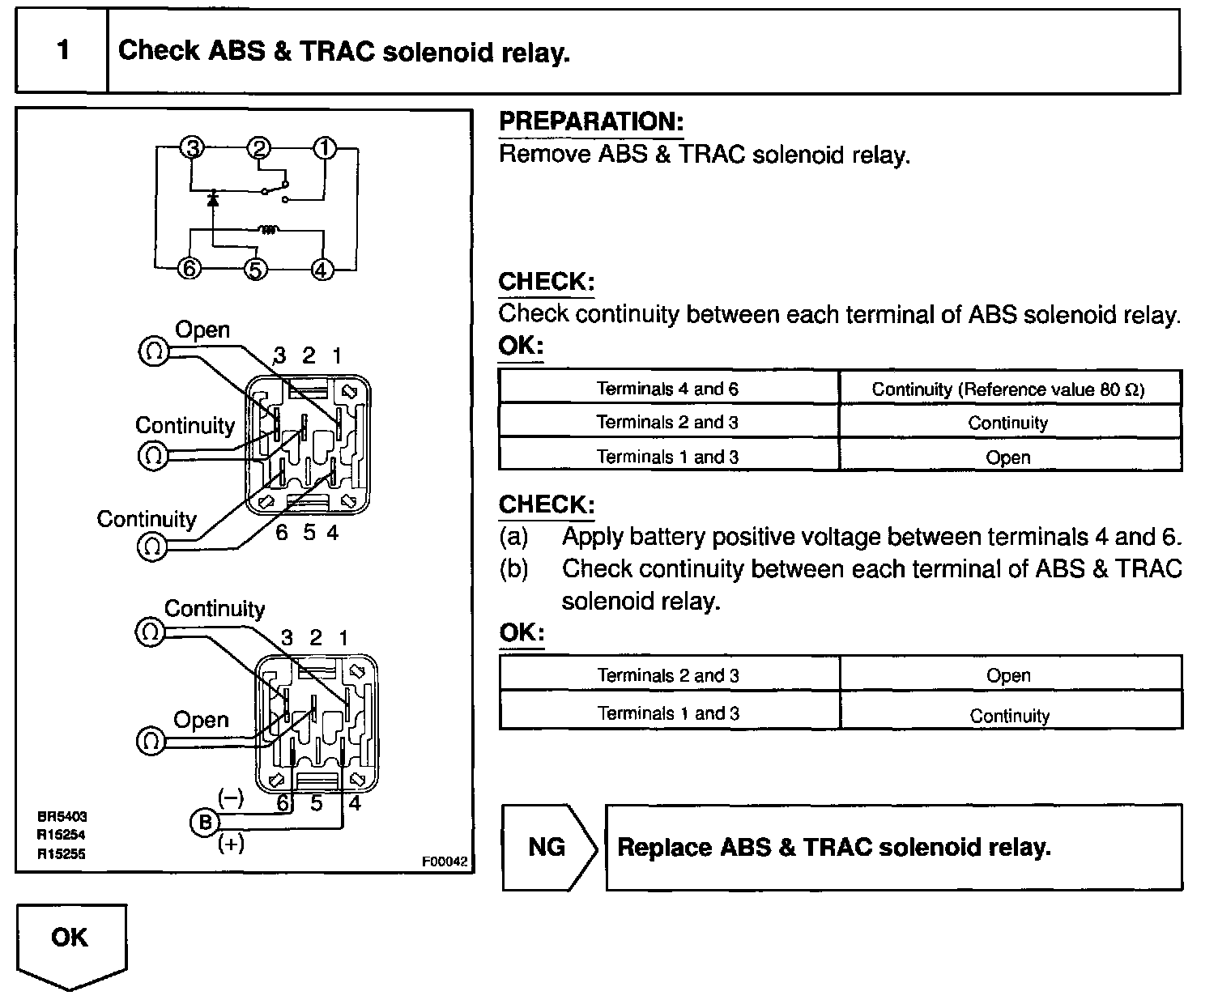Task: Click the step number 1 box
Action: coord(62,51)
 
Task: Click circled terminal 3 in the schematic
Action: coord(193,148)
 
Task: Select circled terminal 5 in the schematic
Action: coord(256,269)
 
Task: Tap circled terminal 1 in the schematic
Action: coord(324,148)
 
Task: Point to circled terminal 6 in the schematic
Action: coord(190,269)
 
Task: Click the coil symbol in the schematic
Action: coord(269,231)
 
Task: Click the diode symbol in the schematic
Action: coord(213,197)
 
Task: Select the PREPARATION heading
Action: coord(591,121)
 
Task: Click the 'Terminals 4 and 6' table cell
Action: coord(667,389)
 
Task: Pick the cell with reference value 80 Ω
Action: coord(1008,389)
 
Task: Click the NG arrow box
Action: coord(548,847)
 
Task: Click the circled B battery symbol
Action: coord(204,823)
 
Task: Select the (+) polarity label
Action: coord(231,844)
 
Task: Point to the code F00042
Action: coord(444,861)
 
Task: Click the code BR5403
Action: coord(62,818)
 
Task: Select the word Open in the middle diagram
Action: coord(202,330)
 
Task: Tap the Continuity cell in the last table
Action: coord(1009,716)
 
